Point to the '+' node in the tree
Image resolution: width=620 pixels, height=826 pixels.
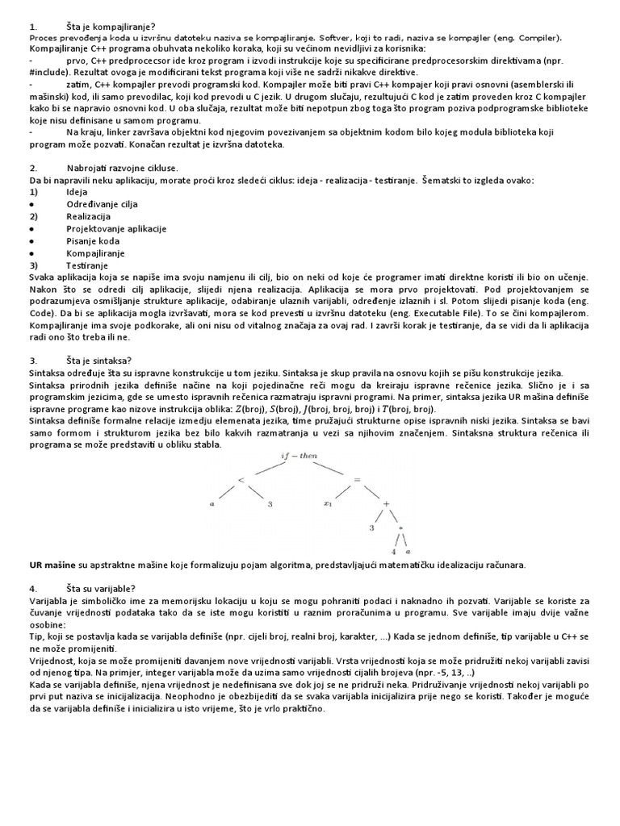[x=386, y=504]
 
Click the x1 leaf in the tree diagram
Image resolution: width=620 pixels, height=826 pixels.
[x=328, y=505]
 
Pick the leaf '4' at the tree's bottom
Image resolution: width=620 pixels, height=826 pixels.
[x=393, y=553]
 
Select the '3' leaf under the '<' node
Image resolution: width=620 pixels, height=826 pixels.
[x=270, y=505]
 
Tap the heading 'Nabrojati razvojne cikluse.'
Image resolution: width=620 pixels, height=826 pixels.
[x=122, y=168]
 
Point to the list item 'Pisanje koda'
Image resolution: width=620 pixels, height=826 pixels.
[x=93, y=240]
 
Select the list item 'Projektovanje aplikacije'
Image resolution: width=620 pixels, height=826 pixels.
[x=116, y=228]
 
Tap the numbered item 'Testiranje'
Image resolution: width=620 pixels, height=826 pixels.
[x=86, y=265]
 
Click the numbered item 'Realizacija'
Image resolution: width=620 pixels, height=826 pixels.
[x=88, y=216]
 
